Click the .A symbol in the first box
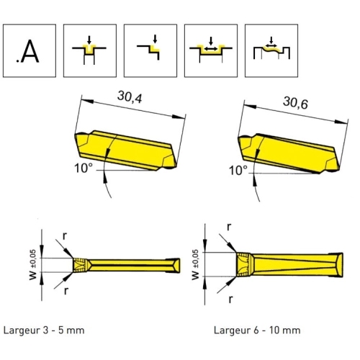(27, 51)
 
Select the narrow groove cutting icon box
(90, 50)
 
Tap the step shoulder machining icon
(150, 50)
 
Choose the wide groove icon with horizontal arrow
(211, 50)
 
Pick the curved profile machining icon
(271, 50)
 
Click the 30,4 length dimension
(130, 97)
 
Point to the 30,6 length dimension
(295, 103)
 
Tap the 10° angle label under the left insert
(84, 168)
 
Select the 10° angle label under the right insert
(238, 171)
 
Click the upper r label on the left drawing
(65, 236)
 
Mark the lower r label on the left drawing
(66, 291)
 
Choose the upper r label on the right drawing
(229, 227)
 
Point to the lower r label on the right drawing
(230, 300)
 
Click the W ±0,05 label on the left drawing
(33, 264)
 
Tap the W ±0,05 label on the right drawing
(195, 264)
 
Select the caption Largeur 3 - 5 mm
(44, 330)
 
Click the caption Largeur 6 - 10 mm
(257, 330)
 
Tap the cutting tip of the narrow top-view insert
(80, 265)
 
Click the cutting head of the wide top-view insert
(244, 264)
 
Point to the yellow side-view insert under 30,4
(126, 150)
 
